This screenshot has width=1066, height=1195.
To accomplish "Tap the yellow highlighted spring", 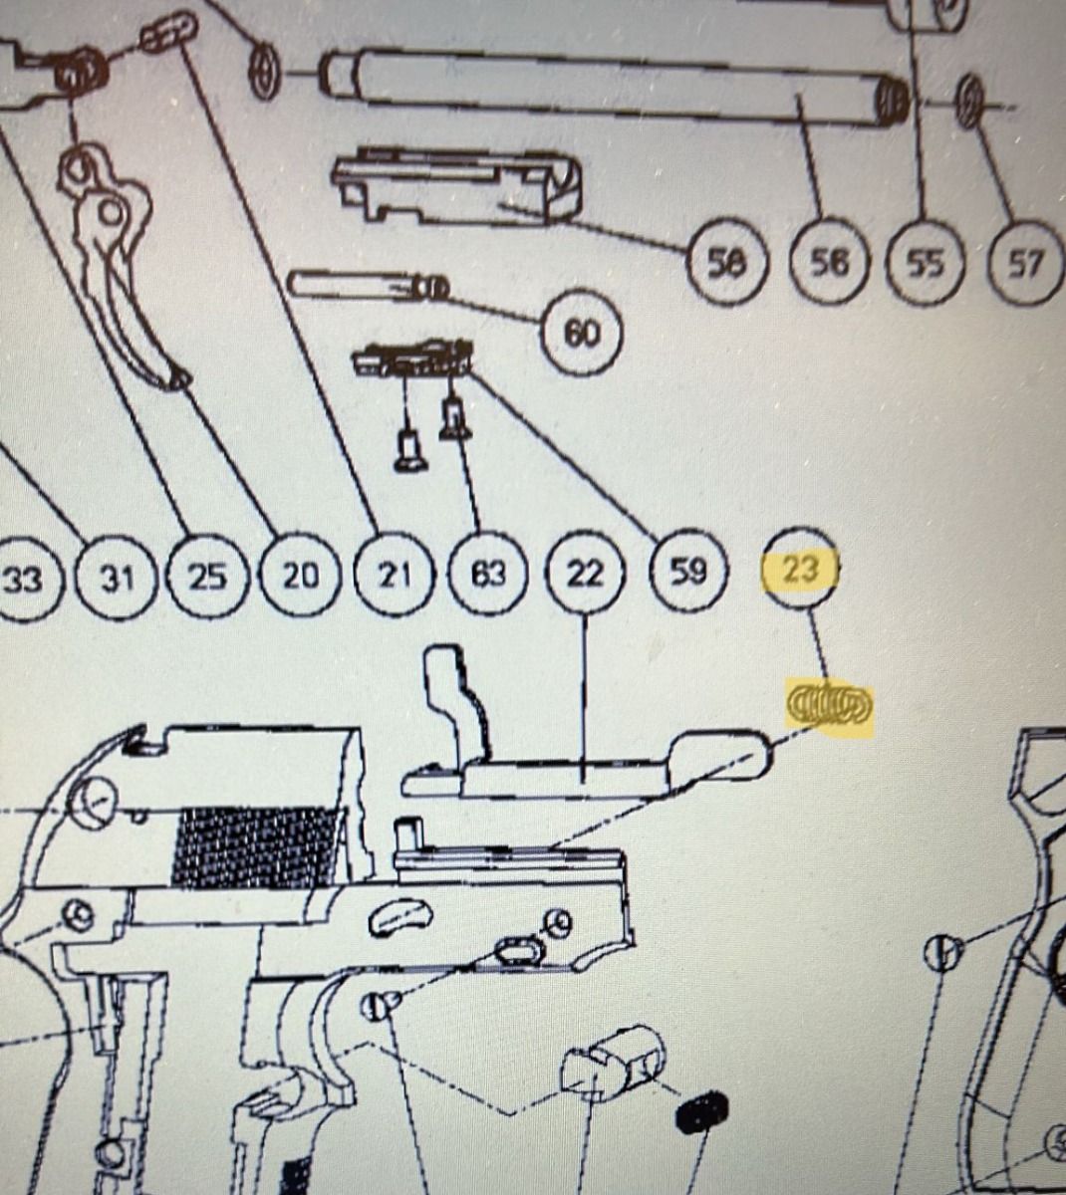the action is (x=829, y=705).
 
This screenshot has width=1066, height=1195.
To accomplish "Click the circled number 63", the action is (x=488, y=574).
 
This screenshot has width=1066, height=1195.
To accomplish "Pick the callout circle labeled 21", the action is (x=395, y=575).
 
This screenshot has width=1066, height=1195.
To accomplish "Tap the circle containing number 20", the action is (x=301, y=575).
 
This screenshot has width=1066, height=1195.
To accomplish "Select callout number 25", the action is (x=208, y=576).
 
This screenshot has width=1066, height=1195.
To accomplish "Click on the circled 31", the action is (x=118, y=578).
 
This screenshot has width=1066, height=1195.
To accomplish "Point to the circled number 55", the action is (x=925, y=263).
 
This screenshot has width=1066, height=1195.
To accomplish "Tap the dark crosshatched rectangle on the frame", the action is (x=258, y=847).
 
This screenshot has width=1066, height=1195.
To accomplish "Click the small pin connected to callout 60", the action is (x=369, y=286).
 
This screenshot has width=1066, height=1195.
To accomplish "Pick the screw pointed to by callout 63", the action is (x=454, y=419).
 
